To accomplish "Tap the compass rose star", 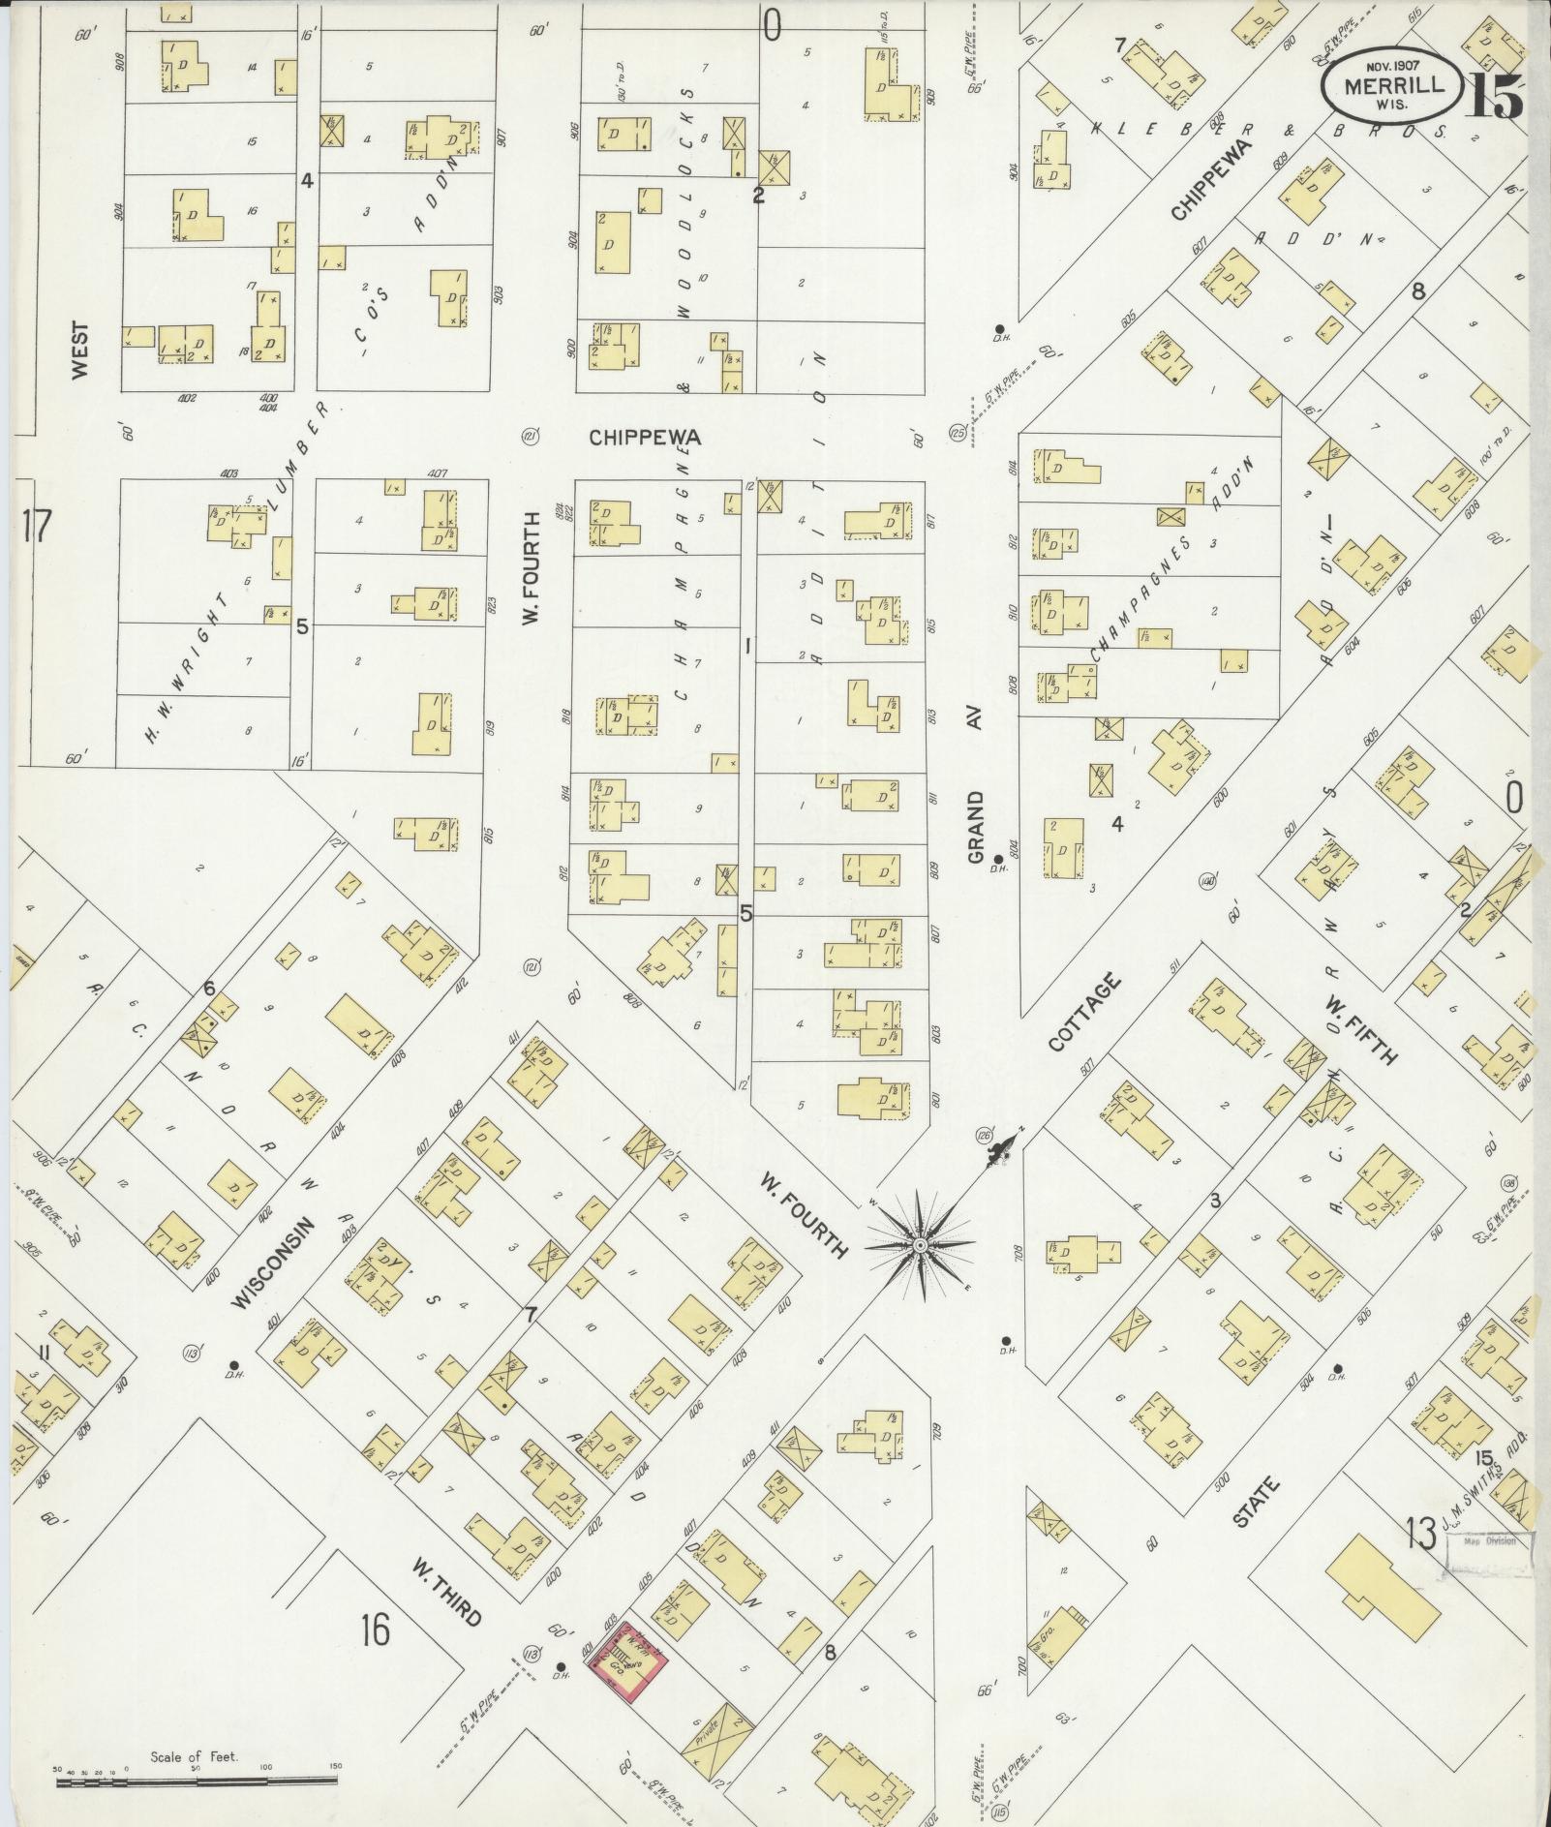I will (x=920, y=1243).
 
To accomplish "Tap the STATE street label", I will (x=1256, y=1503).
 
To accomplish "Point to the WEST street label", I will (x=79, y=350).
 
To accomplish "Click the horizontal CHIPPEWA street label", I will (x=645, y=438).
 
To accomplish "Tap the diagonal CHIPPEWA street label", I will (x=1210, y=181).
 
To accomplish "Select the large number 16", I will (x=376, y=1630).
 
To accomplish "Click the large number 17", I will (x=35, y=529).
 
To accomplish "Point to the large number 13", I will (x=1420, y=1536).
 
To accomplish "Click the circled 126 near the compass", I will (x=986, y=1134).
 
